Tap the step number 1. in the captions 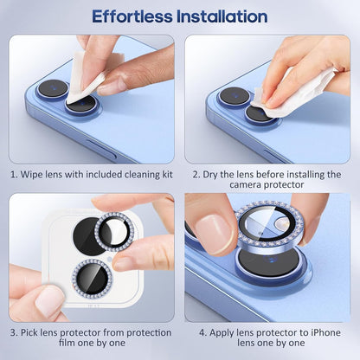point(15,174)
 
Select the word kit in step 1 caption point(166,174)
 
